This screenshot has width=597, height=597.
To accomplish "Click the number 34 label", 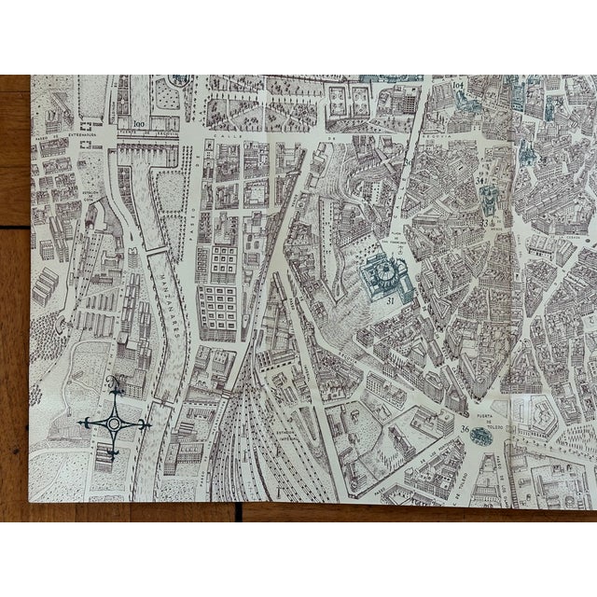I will click(x=480, y=174).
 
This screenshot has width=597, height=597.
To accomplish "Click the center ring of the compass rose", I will click(x=114, y=423).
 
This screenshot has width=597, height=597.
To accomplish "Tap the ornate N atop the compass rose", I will click(x=114, y=382).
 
